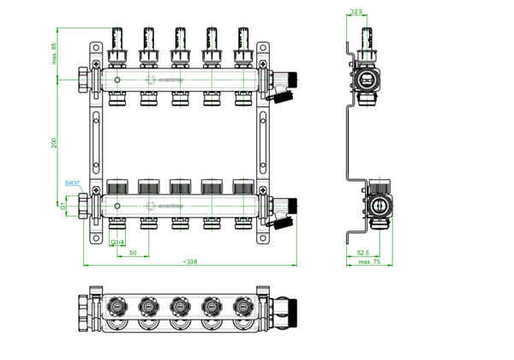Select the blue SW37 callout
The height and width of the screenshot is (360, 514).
[72, 183]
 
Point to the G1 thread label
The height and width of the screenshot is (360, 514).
[63, 206]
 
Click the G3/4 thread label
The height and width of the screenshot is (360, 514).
[118, 243]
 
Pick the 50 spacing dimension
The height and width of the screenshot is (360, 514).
[133, 253]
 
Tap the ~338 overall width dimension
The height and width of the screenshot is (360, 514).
[188, 262]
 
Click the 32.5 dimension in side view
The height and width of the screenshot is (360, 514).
[356, 12]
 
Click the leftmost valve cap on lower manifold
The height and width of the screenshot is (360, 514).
[118, 187]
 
